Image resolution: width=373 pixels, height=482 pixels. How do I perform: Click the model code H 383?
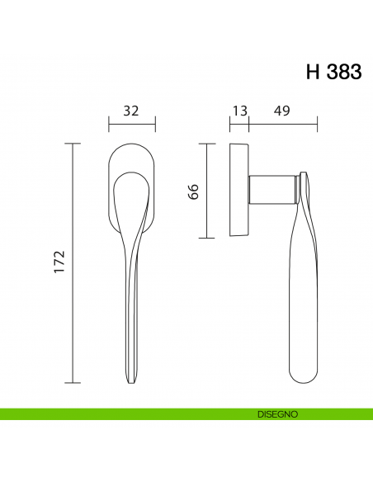pos(333,72)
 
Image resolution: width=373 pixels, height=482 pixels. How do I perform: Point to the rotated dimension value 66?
pos(193,191)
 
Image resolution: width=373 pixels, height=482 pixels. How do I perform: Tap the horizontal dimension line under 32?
pos(132,125)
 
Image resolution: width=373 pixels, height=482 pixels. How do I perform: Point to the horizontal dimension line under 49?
pos(283,125)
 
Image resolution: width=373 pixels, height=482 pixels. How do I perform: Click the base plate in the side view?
pos(239,191)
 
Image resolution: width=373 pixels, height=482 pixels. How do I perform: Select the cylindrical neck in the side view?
pos(273,189)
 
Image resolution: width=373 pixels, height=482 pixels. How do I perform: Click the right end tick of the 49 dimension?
pos(318,124)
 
